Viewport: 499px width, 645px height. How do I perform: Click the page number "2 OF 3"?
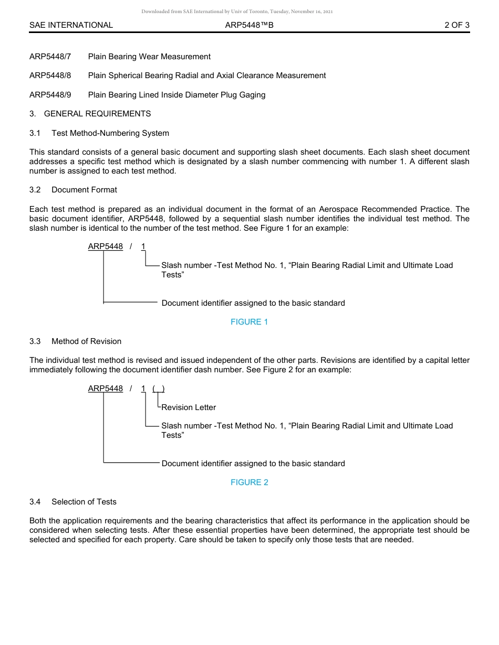(456, 25)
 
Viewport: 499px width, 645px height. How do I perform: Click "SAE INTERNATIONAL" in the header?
(71, 25)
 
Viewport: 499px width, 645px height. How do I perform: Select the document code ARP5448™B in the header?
(249, 25)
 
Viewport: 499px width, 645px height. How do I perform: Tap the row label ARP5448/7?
(50, 57)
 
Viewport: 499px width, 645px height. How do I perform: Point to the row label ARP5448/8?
(50, 76)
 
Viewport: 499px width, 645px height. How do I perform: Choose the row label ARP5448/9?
(50, 95)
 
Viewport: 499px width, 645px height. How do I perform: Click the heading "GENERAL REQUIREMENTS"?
(97, 114)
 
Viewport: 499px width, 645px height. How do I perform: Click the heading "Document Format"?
(84, 190)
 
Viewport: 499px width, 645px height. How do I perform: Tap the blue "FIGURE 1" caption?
(249, 322)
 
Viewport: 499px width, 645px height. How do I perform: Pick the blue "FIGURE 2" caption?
(249, 482)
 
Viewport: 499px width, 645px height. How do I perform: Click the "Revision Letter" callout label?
(189, 407)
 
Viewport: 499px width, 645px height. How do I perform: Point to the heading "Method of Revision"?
(86, 341)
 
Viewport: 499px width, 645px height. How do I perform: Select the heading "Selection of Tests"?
(84, 502)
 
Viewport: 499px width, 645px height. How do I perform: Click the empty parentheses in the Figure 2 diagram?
(159, 389)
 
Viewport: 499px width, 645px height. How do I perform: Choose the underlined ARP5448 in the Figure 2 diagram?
(106, 389)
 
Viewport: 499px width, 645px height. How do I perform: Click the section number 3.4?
(35, 502)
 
